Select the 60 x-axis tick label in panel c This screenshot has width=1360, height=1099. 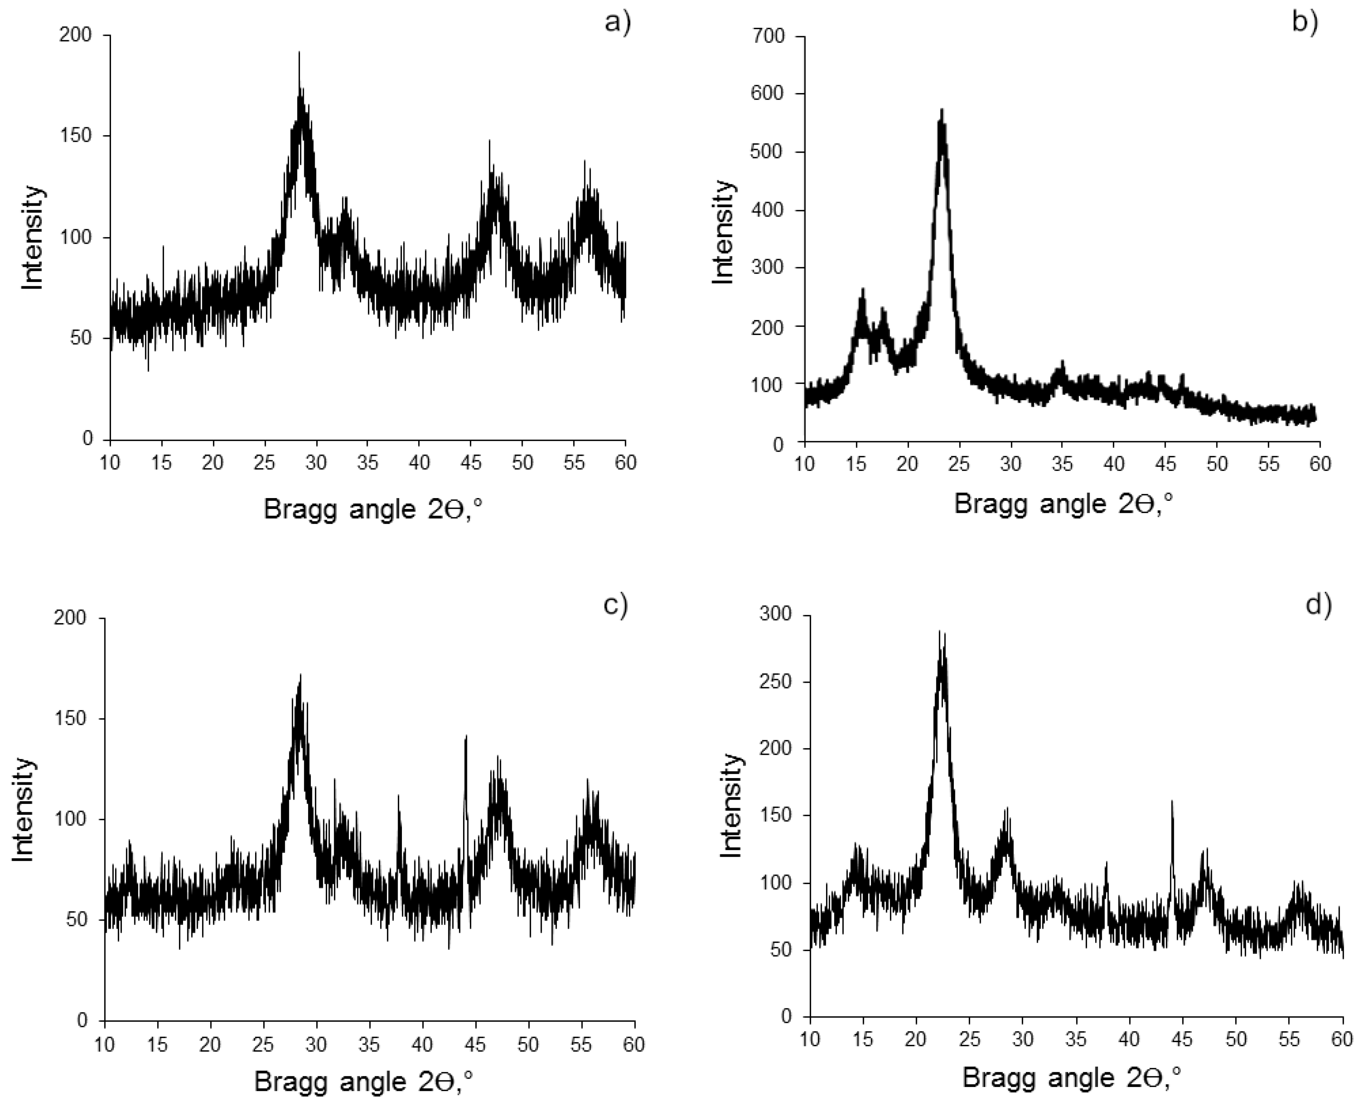[634, 1044]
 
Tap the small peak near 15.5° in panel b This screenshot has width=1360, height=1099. [862, 290]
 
